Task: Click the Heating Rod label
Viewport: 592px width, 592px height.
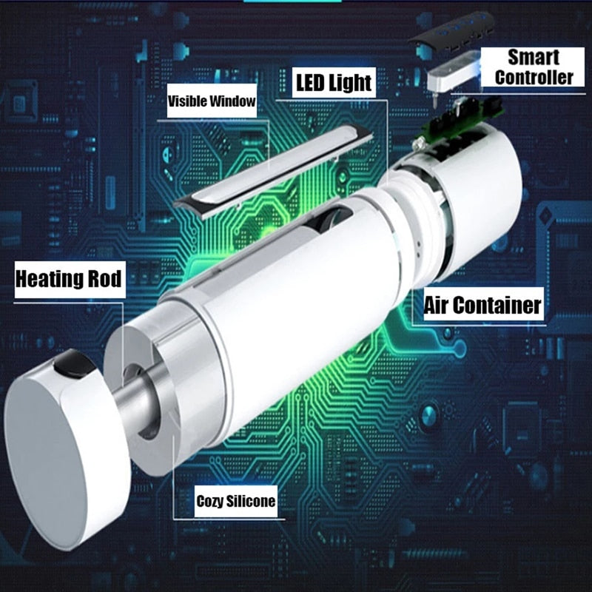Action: (x=70, y=280)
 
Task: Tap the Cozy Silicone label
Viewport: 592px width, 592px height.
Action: (x=236, y=501)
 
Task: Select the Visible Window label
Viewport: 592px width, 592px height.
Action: (x=212, y=101)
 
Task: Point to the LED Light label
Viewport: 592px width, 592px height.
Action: (x=334, y=83)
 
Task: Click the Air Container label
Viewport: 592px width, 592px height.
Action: (x=483, y=304)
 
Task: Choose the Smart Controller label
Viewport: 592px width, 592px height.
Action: (x=533, y=67)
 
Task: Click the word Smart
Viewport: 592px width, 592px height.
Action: (x=533, y=58)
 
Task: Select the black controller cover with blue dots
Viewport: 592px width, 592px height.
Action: (x=452, y=32)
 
